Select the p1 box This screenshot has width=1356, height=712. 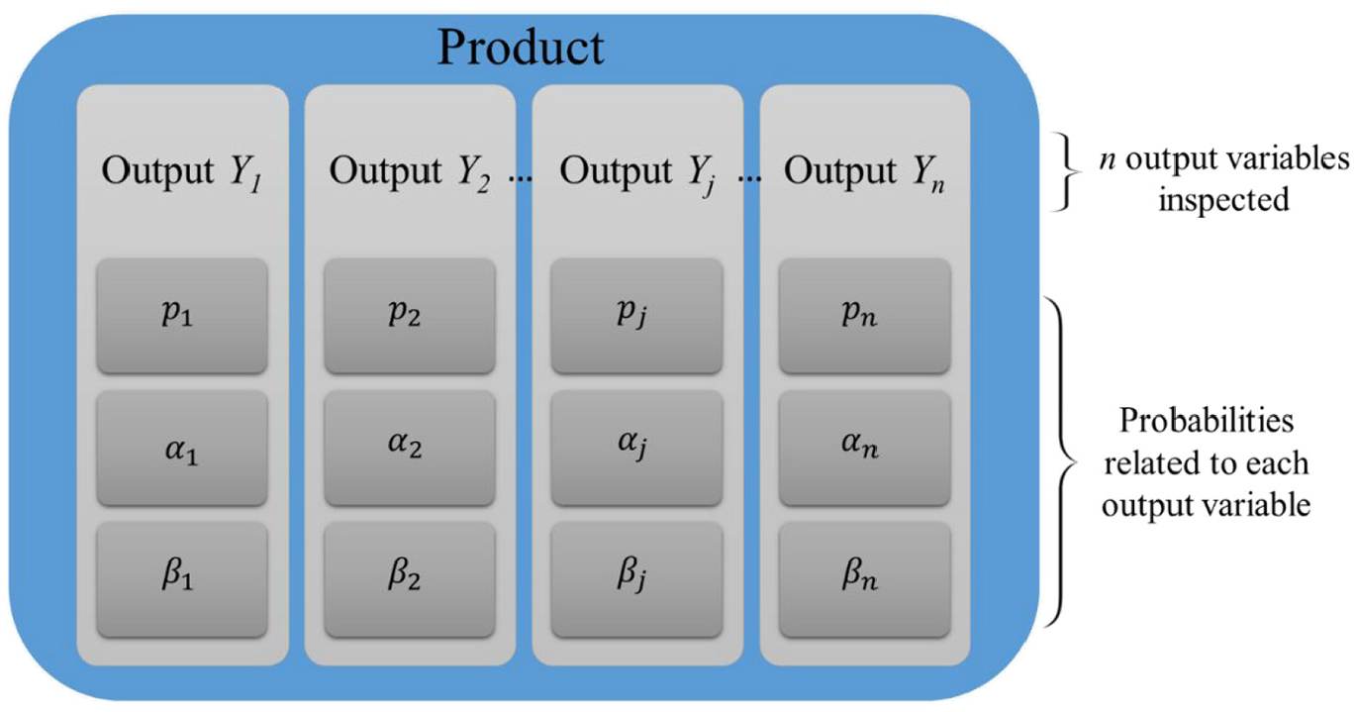[x=182, y=316]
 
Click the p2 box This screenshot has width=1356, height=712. [x=410, y=316]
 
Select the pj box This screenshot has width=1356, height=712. [x=636, y=316]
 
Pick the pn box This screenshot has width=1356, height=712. [x=864, y=316]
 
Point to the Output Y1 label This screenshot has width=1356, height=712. [x=182, y=173]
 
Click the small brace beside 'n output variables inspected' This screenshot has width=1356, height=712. [x=1064, y=174]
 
